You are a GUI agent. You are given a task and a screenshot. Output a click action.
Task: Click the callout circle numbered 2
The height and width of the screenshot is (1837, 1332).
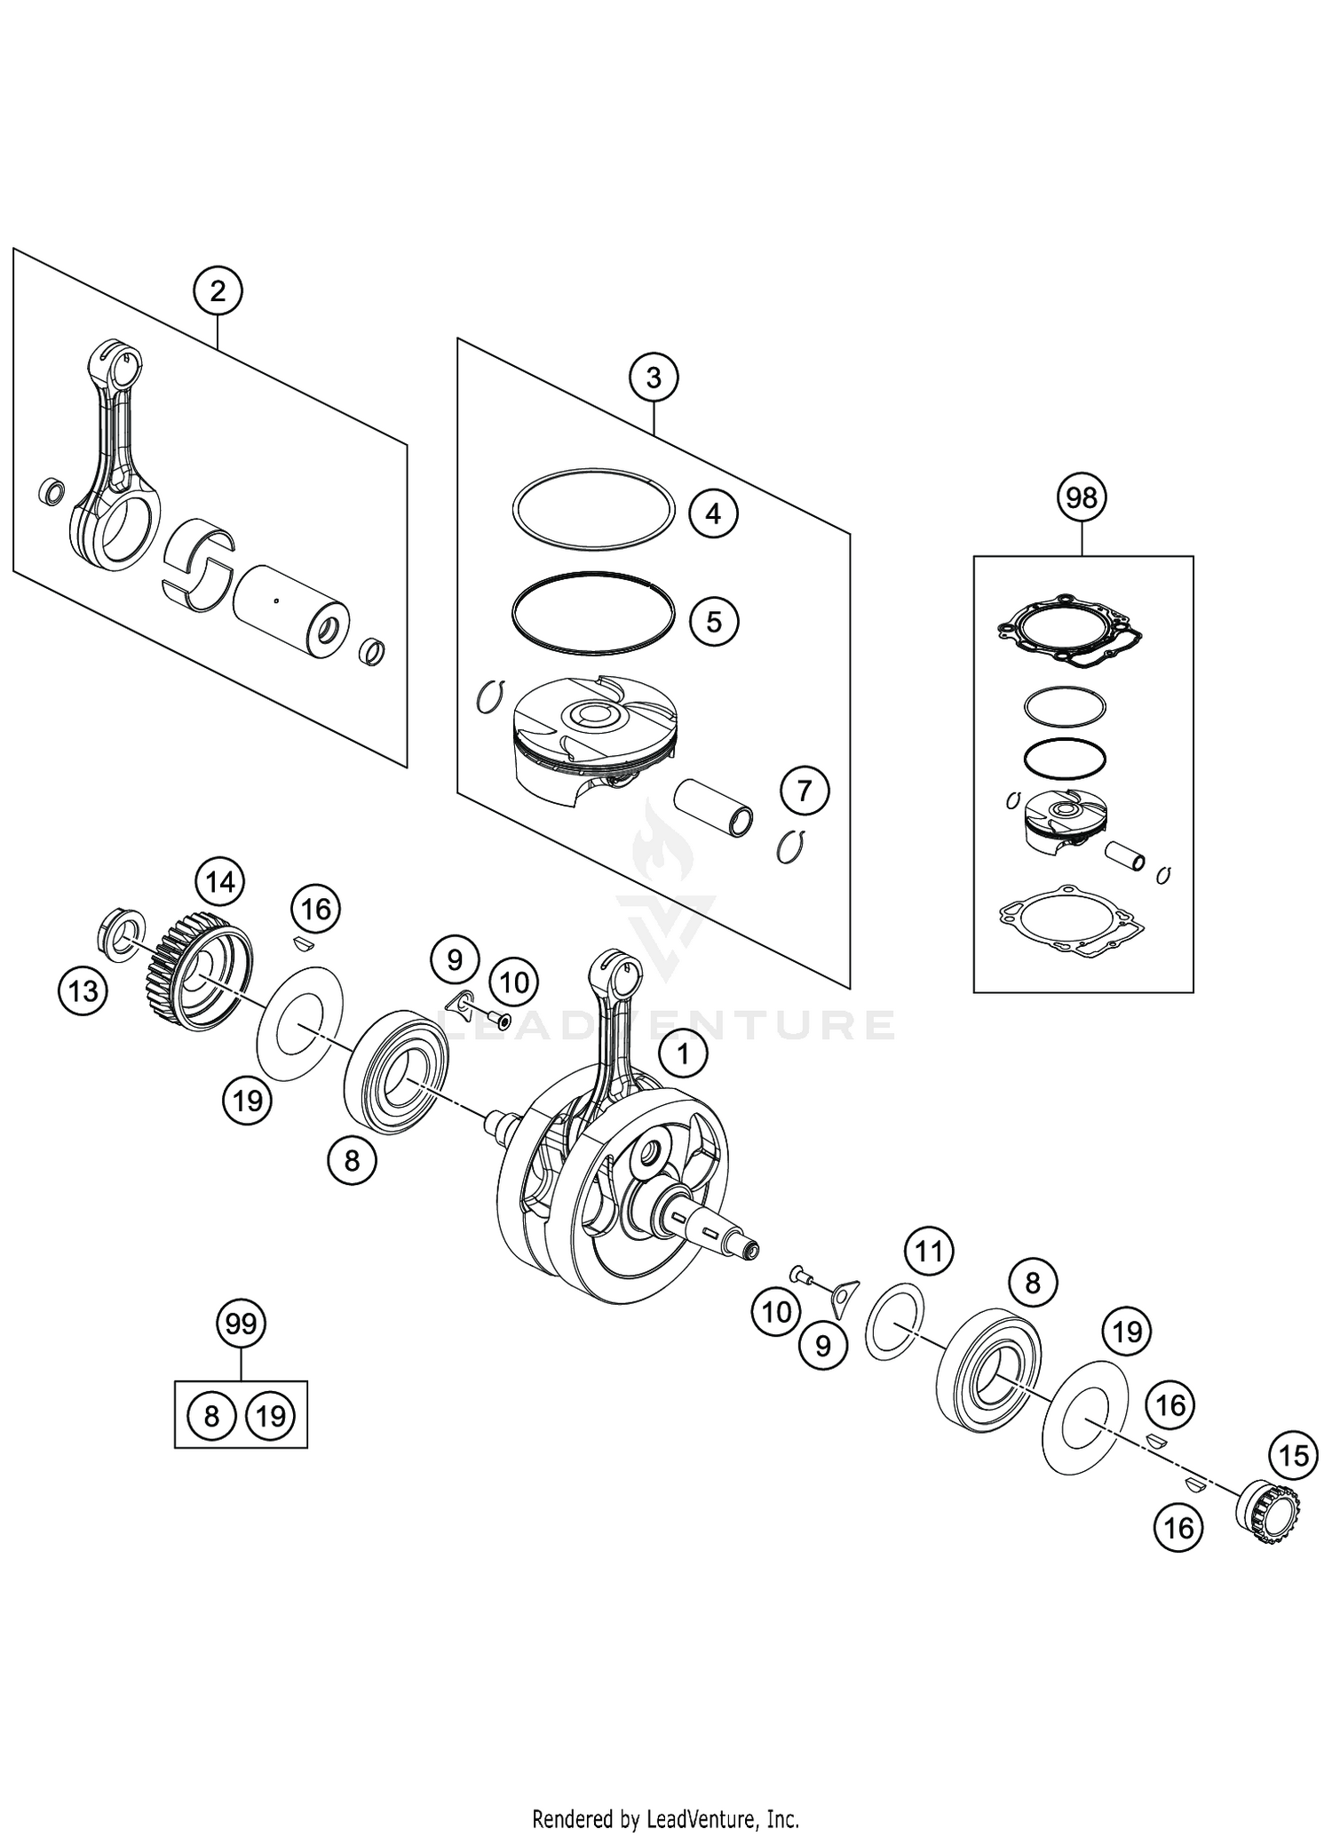click(218, 291)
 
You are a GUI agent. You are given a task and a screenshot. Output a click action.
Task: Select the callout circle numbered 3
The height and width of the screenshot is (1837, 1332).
click(653, 378)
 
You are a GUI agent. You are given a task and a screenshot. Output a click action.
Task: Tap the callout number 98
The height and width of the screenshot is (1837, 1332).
click(1082, 498)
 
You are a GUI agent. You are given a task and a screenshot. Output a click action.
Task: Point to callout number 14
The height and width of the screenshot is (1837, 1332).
click(220, 882)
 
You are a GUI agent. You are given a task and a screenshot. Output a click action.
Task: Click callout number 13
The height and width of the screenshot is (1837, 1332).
click(83, 990)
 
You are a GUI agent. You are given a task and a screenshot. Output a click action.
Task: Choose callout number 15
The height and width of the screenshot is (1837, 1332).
click(1294, 1455)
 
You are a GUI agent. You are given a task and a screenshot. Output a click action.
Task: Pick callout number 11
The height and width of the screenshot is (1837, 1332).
click(928, 1252)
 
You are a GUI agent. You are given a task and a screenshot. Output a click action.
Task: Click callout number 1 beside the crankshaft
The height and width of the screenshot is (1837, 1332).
click(682, 1054)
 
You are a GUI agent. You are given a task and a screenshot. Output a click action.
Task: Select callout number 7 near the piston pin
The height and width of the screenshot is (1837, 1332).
click(805, 790)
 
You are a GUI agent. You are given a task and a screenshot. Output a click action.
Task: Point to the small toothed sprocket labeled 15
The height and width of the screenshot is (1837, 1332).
click(1268, 1510)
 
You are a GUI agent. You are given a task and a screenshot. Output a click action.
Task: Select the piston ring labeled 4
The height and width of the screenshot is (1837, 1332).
click(592, 509)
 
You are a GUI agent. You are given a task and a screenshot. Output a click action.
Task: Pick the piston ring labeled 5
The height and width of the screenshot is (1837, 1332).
click(592, 613)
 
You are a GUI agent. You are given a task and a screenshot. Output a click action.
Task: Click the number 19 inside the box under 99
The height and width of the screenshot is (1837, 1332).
click(271, 1415)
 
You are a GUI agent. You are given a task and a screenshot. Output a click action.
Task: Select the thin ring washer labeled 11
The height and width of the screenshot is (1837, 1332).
click(894, 1321)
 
